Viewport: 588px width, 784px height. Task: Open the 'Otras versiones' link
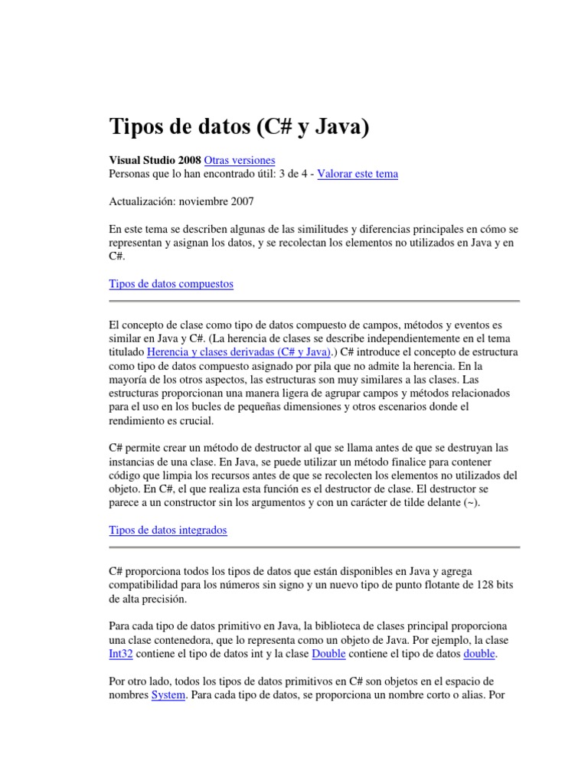pyautogui.click(x=240, y=161)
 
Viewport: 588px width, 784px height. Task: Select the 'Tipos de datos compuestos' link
pyautogui.click(x=171, y=284)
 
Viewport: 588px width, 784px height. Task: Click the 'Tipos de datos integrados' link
pyautogui.click(x=168, y=530)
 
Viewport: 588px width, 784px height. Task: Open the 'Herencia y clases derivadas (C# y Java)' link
pyautogui.click(x=238, y=352)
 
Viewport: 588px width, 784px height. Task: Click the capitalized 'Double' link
pyautogui.click(x=329, y=654)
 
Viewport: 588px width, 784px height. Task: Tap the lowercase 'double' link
pyautogui.click(x=479, y=654)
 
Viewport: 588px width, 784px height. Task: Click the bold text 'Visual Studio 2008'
pyautogui.click(x=155, y=161)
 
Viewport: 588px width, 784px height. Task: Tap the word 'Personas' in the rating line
pyautogui.click(x=132, y=174)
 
